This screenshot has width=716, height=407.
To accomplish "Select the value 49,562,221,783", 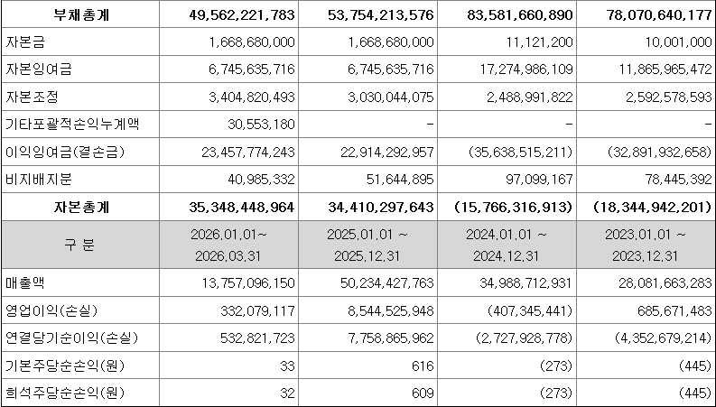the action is coord(242,15).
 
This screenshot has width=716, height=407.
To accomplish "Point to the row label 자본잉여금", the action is coord(39,69).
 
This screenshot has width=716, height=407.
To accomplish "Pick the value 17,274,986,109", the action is coord(520,69).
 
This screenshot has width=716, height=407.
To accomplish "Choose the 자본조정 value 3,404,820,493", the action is coord(248,97).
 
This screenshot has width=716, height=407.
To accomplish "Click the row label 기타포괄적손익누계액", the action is coord(71,125).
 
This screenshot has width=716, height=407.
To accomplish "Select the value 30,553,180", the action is coord(261,125).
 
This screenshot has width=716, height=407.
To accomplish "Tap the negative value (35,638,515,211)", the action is coord(521,152).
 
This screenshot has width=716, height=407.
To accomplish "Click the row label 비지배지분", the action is coord(39,180).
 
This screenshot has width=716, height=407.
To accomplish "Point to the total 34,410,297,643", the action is coord(381,208).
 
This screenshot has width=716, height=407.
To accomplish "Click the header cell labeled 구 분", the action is coord(80,245).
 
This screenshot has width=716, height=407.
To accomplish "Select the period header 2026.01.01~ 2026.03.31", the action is coord(228,245).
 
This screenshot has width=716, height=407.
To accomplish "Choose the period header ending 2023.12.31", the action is coord(645,245).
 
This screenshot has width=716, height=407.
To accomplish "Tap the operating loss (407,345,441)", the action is coord(530,311).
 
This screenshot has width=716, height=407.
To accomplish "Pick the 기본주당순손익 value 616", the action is coord(423,365).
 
